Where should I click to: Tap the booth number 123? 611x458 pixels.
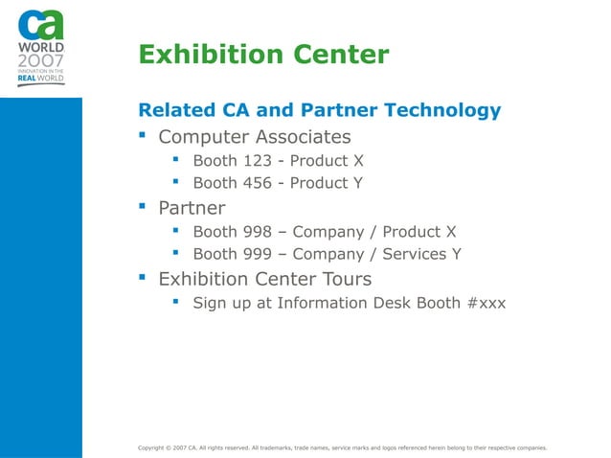pyautogui.click(x=258, y=160)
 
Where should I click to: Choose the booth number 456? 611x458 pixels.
pyautogui.click(x=258, y=183)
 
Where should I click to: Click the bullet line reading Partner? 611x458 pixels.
pyautogui.click(x=192, y=208)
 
